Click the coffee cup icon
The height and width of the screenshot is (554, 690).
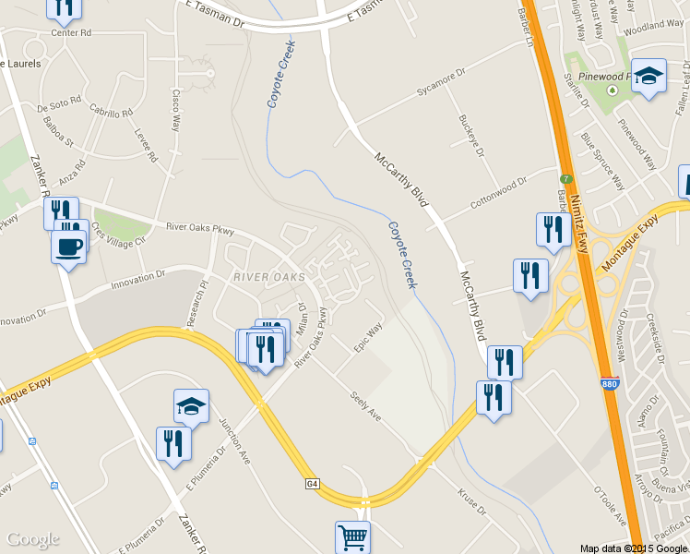69,247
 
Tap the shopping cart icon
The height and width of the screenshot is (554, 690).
351,536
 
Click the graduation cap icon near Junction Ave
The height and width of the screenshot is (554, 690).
191,405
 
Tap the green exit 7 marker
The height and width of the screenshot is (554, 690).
566,178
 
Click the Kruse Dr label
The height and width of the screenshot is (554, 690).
471,502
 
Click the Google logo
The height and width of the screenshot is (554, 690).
32,539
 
